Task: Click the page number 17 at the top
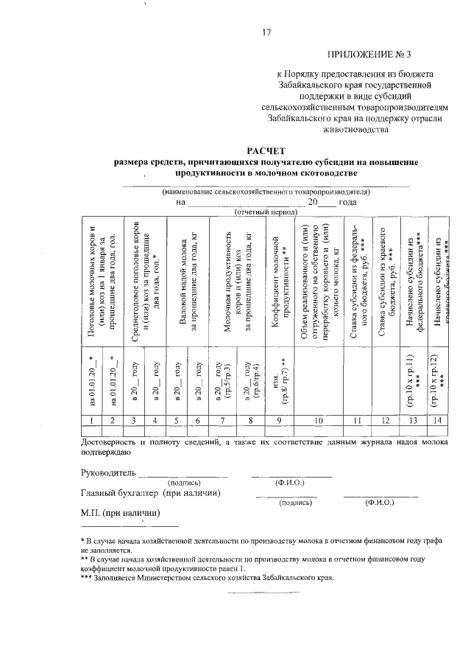[x=267, y=32]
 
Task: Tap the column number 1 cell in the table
[x=90, y=419]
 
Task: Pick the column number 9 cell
[x=279, y=419]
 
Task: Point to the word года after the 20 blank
[x=347, y=202]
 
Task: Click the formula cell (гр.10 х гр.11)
[x=411, y=375]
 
